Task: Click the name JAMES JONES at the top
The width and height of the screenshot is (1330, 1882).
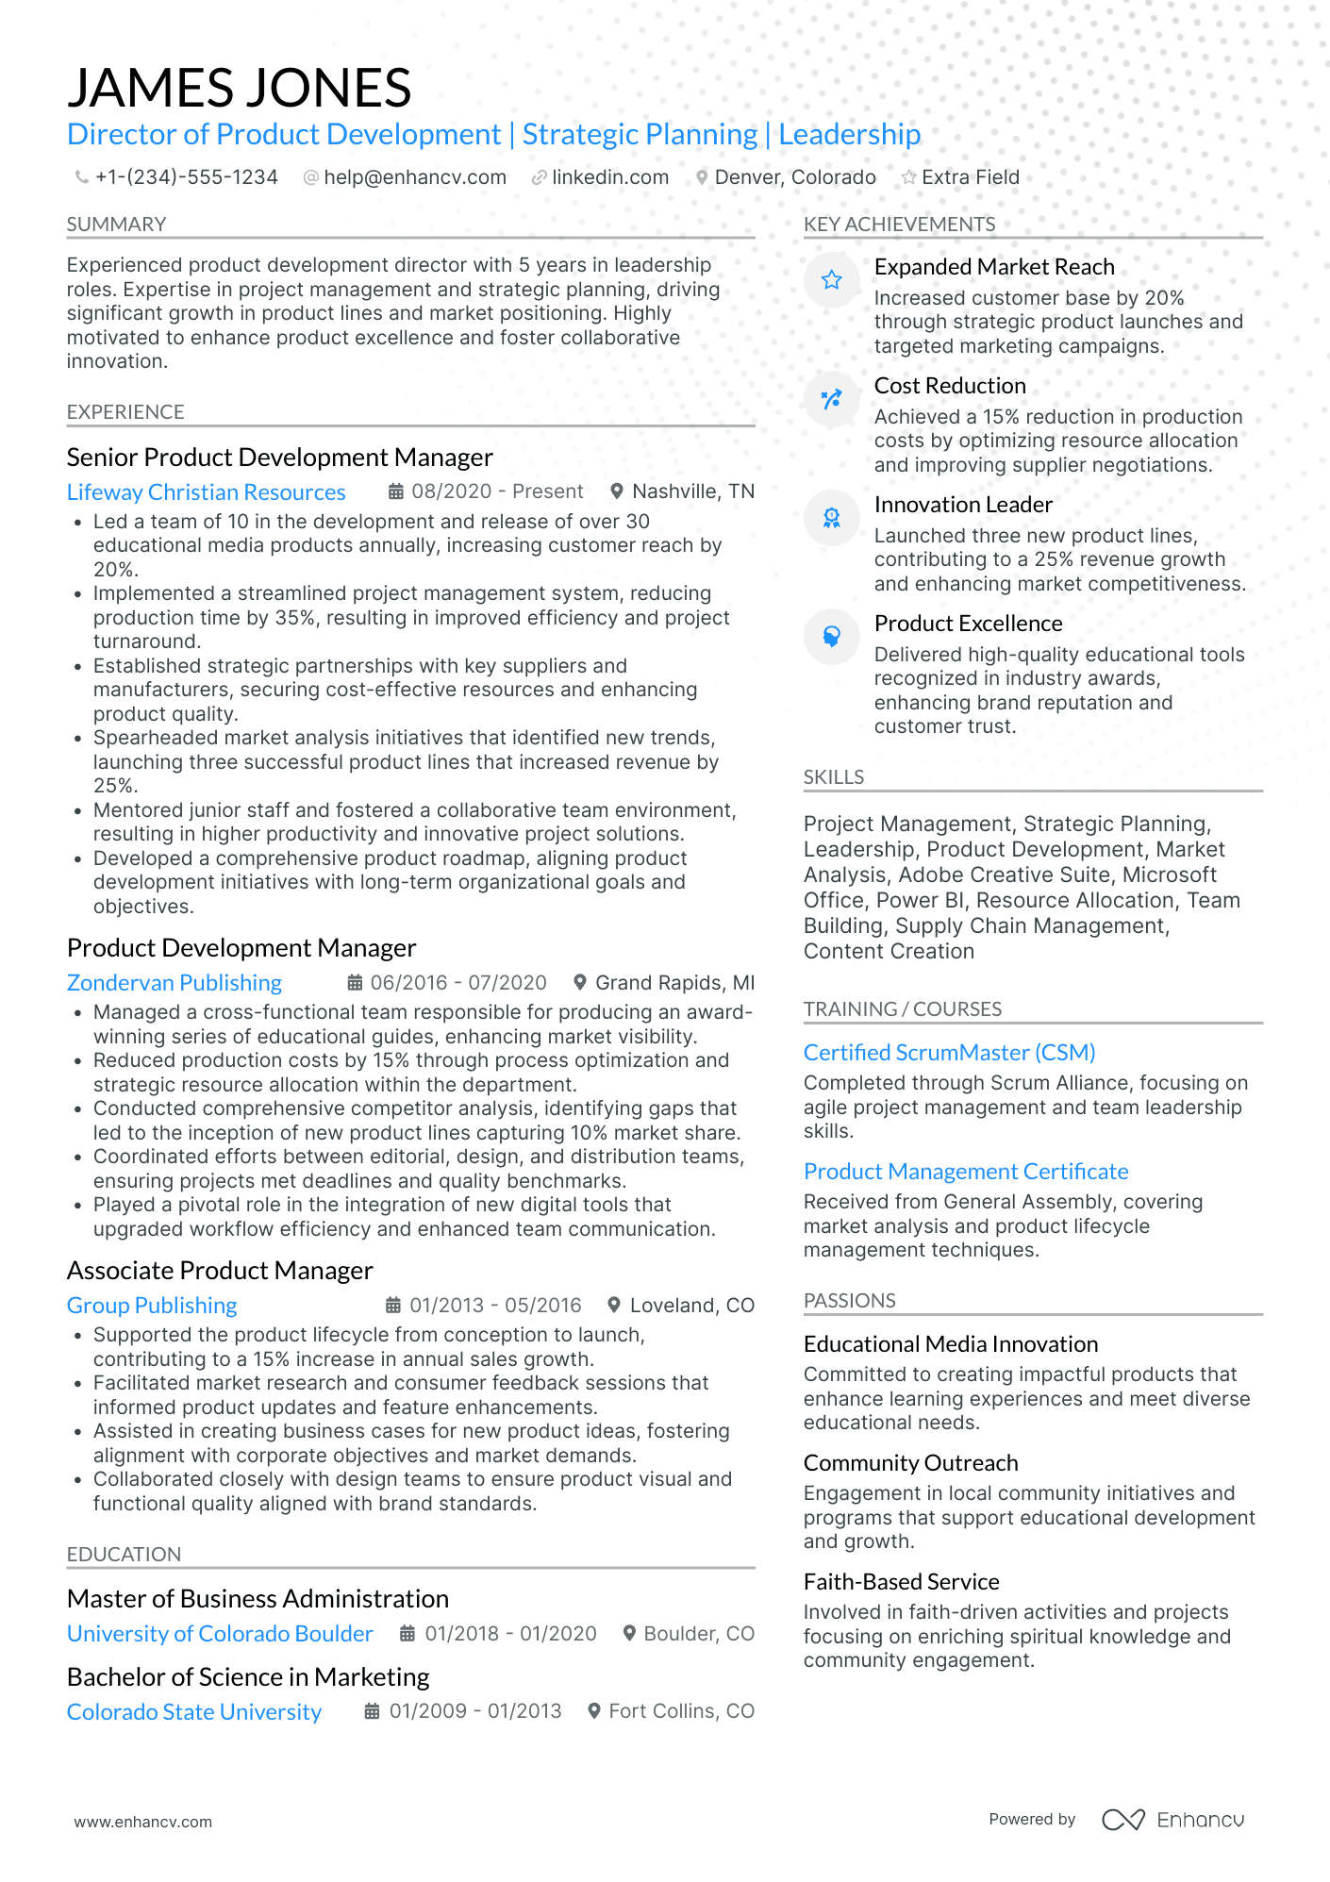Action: (x=239, y=88)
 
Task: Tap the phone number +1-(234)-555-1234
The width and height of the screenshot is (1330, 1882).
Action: (x=186, y=177)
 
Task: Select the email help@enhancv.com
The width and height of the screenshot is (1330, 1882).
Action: (x=414, y=177)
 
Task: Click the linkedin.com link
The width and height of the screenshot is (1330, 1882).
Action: (x=609, y=177)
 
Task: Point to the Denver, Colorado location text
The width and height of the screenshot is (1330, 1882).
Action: (x=794, y=177)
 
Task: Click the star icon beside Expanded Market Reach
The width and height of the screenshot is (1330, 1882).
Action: (x=831, y=280)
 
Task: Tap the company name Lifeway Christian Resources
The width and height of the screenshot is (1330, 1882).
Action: (x=206, y=492)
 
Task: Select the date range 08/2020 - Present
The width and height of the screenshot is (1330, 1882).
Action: (x=497, y=491)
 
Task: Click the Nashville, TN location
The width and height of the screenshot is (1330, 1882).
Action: (x=692, y=491)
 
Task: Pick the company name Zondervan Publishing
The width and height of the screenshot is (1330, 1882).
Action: (x=174, y=983)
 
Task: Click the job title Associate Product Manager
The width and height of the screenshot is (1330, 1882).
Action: (x=220, y=1271)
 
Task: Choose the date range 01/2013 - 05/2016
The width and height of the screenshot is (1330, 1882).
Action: (x=495, y=1306)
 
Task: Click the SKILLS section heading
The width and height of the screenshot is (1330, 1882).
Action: (x=833, y=777)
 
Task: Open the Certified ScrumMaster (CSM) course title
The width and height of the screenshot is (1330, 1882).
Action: (x=949, y=1053)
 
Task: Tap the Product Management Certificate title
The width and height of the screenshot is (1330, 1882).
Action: (x=966, y=1172)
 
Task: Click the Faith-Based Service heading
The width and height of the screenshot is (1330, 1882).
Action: (x=901, y=1582)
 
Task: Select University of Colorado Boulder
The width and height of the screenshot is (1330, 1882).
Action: (x=220, y=1634)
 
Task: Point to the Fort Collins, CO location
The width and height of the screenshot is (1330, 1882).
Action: (x=681, y=1711)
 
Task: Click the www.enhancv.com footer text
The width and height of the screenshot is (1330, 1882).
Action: (x=143, y=1822)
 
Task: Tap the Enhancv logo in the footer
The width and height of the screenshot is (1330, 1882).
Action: (x=1172, y=1820)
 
